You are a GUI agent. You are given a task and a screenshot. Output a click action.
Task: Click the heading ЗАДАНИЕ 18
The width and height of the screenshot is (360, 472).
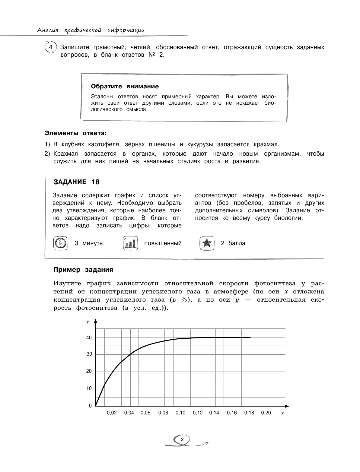(76, 182)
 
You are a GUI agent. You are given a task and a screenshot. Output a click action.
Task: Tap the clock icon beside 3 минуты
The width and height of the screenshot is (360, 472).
(60, 243)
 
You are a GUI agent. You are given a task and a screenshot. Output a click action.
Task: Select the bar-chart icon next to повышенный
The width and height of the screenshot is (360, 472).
(130, 243)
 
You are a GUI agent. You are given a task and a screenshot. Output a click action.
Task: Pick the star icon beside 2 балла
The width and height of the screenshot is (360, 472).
(207, 243)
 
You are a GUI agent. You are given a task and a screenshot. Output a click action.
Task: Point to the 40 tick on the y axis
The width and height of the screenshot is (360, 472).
(89, 338)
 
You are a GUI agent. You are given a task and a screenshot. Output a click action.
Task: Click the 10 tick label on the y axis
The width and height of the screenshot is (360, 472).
(89, 388)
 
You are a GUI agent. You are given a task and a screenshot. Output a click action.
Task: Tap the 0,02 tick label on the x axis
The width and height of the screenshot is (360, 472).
(112, 413)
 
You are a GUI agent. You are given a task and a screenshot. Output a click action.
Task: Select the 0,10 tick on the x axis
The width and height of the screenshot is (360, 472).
(180, 413)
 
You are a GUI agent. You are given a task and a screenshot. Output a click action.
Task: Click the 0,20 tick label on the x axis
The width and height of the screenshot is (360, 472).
(266, 413)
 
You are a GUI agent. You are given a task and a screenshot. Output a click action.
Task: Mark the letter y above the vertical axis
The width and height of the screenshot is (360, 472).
(88, 322)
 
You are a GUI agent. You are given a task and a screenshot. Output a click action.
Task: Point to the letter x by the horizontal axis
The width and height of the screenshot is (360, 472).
(282, 413)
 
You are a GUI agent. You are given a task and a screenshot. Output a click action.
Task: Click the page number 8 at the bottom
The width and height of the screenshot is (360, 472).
(182, 439)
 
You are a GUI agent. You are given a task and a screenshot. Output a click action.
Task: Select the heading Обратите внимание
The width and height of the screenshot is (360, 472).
(125, 87)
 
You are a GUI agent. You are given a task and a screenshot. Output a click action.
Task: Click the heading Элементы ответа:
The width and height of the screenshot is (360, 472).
(76, 133)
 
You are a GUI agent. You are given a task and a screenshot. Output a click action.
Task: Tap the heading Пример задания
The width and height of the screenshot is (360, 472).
(83, 270)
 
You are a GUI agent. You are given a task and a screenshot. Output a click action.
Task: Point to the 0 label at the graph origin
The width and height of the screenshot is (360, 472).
(90, 406)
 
